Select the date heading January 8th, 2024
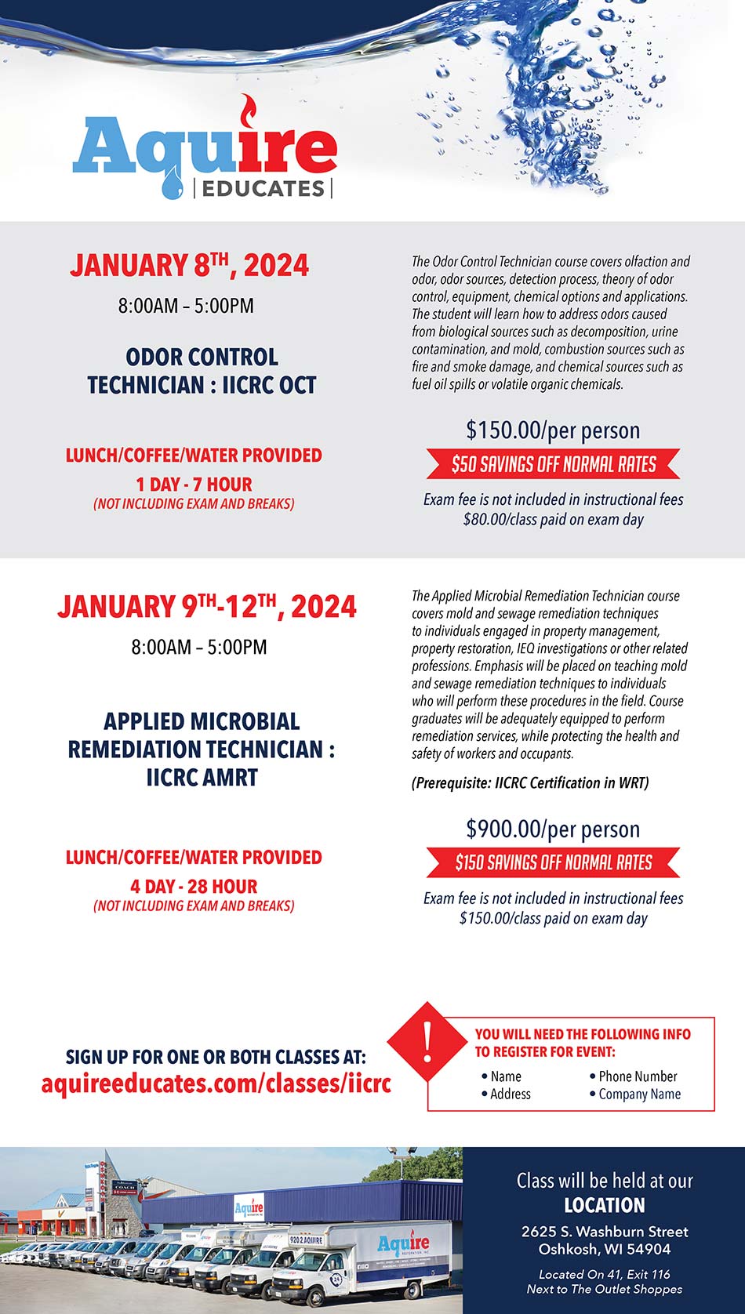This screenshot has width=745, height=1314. (x=189, y=265)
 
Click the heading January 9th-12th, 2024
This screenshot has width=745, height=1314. (x=206, y=606)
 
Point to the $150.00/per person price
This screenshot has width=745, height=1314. (x=553, y=430)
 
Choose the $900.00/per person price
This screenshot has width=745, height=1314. (x=553, y=829)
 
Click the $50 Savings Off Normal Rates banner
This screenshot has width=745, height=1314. (x=553, y=464)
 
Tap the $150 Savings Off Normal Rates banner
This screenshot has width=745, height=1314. (x=553, y=862)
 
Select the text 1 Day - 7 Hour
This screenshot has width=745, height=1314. (x=194, y=485)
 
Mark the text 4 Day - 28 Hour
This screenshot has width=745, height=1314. (x=194, y=887)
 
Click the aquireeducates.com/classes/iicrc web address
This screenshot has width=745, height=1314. (x=216, y=1084)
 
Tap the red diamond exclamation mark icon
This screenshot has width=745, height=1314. (x=427, y=1040)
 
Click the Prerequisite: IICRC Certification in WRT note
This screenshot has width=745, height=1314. (x=530, y=782)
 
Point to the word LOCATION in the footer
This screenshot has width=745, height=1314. (x=605, y=1205)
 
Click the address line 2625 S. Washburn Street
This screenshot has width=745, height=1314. (x=605, y=1232)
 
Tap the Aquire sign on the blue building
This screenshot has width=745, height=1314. (x=249, y=1208)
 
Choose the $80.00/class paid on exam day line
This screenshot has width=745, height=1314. (x=553, y=519)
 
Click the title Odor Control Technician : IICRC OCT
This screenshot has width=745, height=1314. (x=202, y=371)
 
